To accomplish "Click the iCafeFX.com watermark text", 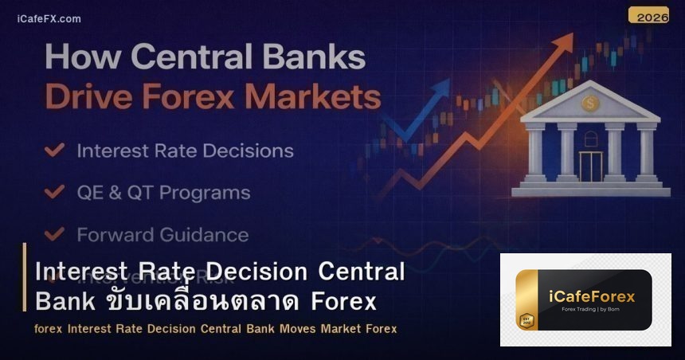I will tap(49, 18).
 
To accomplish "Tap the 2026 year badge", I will tap(648, 15).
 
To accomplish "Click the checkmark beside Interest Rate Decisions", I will tap(55, 150).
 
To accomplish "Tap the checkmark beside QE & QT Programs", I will tap(55, 192).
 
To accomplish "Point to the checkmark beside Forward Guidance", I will tap(55, 234).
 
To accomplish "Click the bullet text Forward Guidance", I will tap(162, 235).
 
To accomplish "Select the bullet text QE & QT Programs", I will tap(163, 193).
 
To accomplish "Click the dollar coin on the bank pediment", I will tap(589, 103).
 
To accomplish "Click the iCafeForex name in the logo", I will tap(592, 296).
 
